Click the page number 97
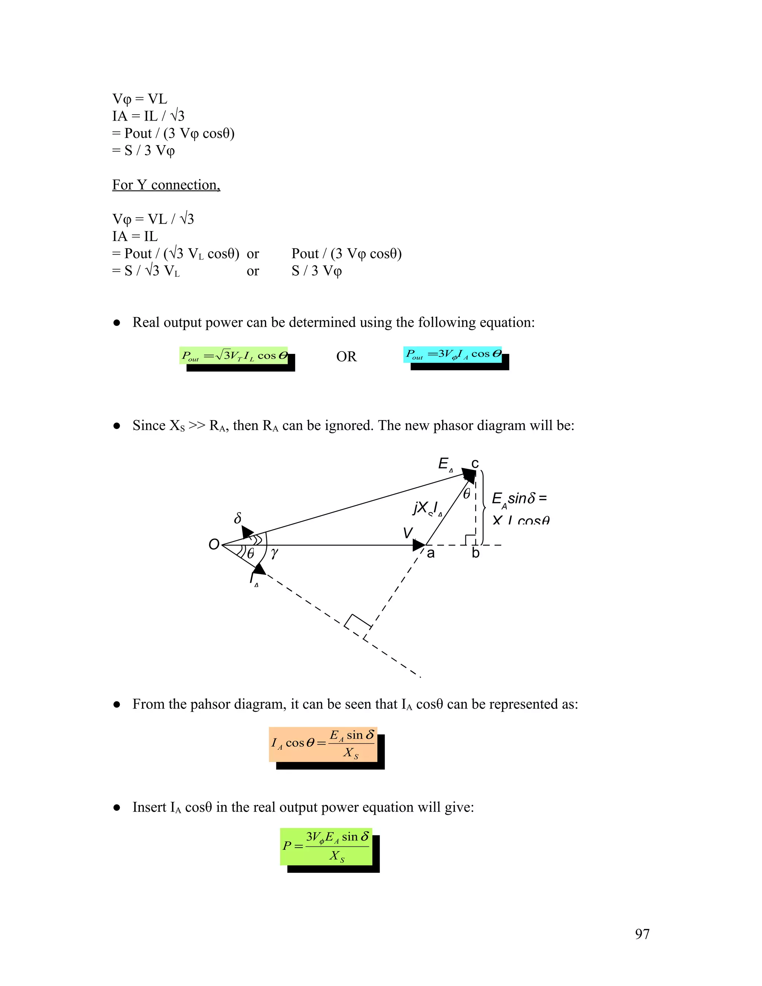[x=642, y=934]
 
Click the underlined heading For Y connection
[x=166, y=185]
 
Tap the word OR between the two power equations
[x=346, y=357]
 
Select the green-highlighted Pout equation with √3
[x=233, y=356]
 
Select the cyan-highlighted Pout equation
[x=452, y=354]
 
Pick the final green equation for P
[x=326, y=846]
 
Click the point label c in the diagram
[x=475, y=463]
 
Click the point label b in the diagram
[x=476, y=554]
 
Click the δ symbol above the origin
[x=238, y=518]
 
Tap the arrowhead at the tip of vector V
[x=419, y=545]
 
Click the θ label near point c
[x=467, y=493]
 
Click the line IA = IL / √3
[x=148, y=116]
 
